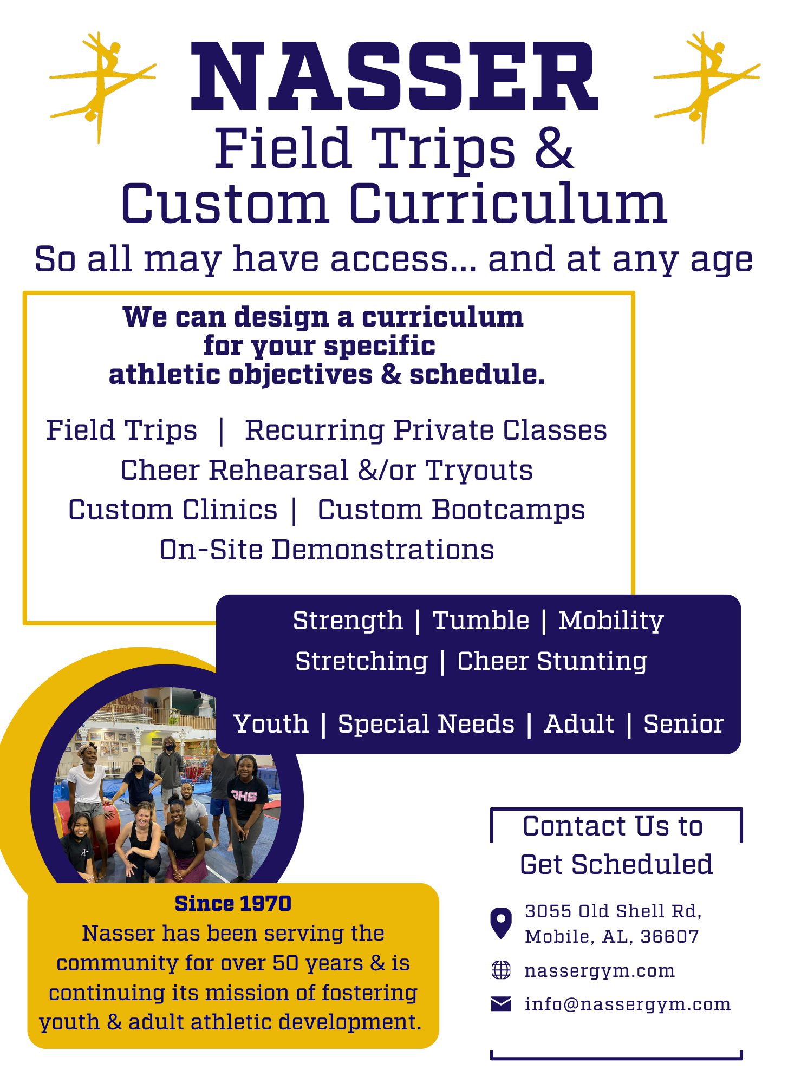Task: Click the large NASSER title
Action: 394,77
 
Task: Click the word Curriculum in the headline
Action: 508,204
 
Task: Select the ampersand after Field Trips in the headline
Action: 553,148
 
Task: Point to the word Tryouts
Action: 479,471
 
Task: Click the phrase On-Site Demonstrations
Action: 327,550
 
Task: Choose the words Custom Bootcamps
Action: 451,510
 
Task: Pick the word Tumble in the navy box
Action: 481,621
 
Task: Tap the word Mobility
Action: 611,621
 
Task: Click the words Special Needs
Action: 426,725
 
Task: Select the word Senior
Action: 683,725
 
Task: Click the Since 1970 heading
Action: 233,904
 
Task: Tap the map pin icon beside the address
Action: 501,923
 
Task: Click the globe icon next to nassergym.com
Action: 501,970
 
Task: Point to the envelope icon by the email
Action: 501,1004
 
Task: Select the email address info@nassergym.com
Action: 628,1005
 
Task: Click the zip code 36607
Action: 670,937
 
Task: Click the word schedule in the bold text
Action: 477,375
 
